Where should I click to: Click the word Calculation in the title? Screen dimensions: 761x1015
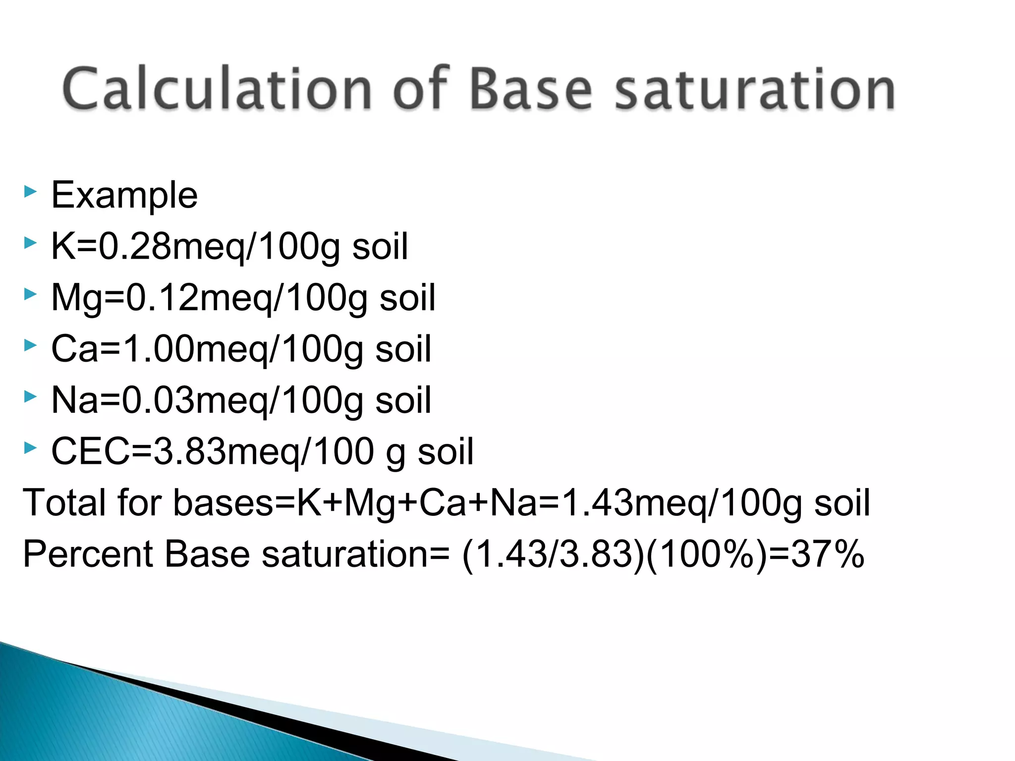[217, 89]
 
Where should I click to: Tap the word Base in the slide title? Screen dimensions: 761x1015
[531, 89]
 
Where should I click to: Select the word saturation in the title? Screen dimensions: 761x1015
[755, 89]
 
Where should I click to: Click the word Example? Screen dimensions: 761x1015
[124, 195]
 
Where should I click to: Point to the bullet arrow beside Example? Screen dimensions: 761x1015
[30, 191]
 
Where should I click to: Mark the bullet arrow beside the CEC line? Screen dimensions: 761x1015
[30, 448]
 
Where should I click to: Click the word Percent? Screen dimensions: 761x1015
[88, 554]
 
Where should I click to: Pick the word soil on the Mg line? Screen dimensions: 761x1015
[407, 298]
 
